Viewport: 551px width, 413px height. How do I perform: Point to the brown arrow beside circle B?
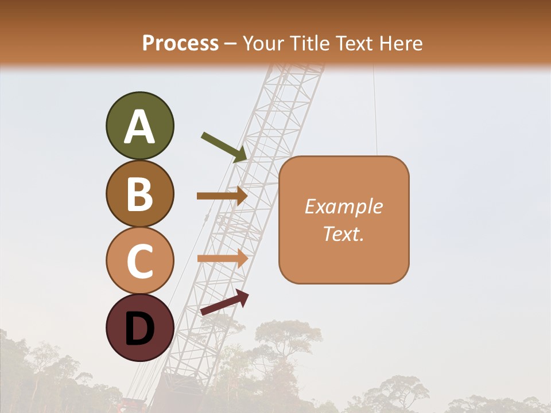[222, 196]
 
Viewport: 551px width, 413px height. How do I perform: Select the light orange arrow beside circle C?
[222, 258]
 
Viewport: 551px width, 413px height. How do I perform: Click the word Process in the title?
[180, 43]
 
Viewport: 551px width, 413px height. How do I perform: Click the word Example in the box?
[344, 206]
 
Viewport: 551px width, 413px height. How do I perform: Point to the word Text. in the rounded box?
[344, 233]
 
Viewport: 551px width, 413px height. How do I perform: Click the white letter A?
[139, 127]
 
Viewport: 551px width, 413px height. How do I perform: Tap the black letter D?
[139, 329]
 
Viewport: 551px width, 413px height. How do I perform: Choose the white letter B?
[139, 194]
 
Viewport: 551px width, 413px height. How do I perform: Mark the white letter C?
[139, 261]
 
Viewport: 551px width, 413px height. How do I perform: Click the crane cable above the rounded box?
[375, 109]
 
